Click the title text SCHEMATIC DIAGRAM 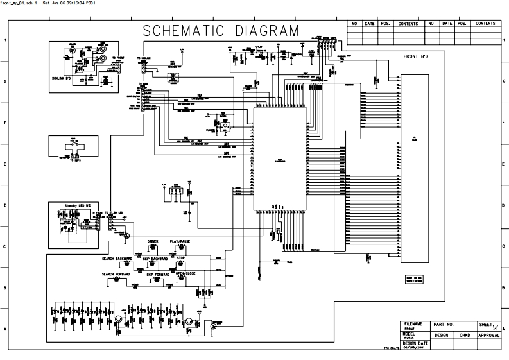[220, 31]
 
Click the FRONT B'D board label [416, 57]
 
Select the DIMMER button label [153, 241]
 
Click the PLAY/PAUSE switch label [180, 241]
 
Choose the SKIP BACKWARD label [154, 258]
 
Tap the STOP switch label [181, 258]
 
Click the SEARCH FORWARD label [116, 274]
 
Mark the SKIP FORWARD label [158, 274]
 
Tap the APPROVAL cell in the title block [488, 335]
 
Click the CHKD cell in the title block [465, 335]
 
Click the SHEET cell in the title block [485, 325]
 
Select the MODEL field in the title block [410, 334]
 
